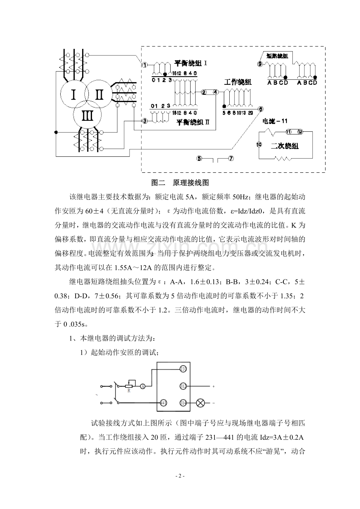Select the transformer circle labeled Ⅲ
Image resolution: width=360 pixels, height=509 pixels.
point(87,116)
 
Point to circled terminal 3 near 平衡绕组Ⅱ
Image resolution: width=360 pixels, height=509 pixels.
point(144,121)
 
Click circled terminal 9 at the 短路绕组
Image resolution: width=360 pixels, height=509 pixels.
point(260,64)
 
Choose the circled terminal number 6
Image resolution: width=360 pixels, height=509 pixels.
point(261,110)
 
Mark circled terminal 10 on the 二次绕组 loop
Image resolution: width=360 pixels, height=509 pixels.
point(258,145)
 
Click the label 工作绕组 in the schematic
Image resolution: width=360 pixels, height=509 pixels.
point(238,82)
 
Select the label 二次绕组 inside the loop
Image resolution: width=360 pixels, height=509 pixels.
point(284,146)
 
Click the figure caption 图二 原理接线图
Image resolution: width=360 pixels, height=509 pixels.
point(181,183)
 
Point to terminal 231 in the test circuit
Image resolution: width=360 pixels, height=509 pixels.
point(183,369)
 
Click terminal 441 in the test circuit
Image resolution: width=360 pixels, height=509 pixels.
point(164,402)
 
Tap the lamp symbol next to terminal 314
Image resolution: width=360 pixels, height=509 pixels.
point(202,402)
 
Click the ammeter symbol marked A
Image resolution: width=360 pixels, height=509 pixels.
point(142,386)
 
